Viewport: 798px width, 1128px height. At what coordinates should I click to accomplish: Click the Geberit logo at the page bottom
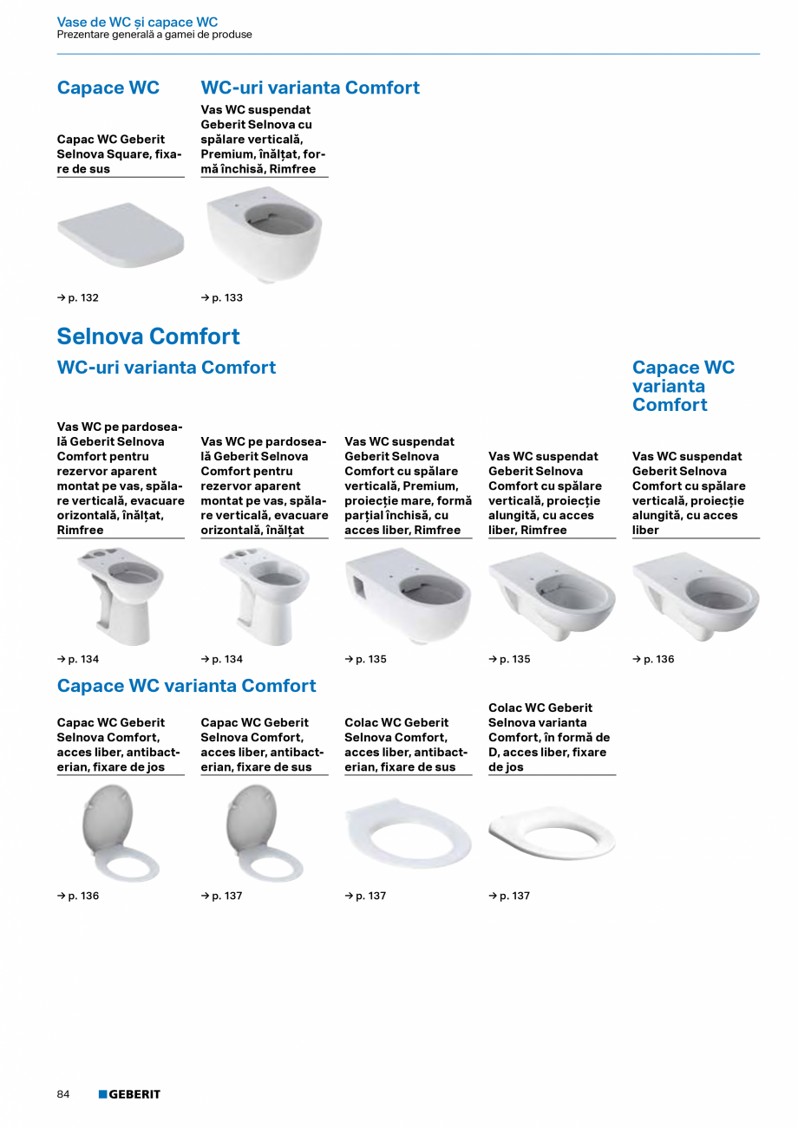click(x=129, y=1094)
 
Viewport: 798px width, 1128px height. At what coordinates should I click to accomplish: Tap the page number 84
click(x=63, y=1094)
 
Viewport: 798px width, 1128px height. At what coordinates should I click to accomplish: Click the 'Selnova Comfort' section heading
click(x=148, y=336)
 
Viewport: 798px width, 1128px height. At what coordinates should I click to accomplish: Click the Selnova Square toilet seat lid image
click(x=121, y=231)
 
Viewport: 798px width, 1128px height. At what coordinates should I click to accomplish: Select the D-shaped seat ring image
click(x=552, y=836)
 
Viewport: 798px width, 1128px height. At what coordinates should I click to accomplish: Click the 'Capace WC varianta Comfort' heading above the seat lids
click(x=186, y=686)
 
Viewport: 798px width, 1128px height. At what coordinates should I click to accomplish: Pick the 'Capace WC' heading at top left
click(x=108, y=88)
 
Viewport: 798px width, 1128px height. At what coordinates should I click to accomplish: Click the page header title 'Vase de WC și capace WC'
click(x=137, y=22)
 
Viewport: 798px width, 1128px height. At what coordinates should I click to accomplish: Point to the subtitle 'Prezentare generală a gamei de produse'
click(x=154, y=35)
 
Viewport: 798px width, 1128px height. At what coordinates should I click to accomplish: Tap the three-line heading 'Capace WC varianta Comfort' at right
click(x=683, y=386)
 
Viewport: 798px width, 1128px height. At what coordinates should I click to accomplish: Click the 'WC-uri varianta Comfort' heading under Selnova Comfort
click(x=167, y=368)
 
